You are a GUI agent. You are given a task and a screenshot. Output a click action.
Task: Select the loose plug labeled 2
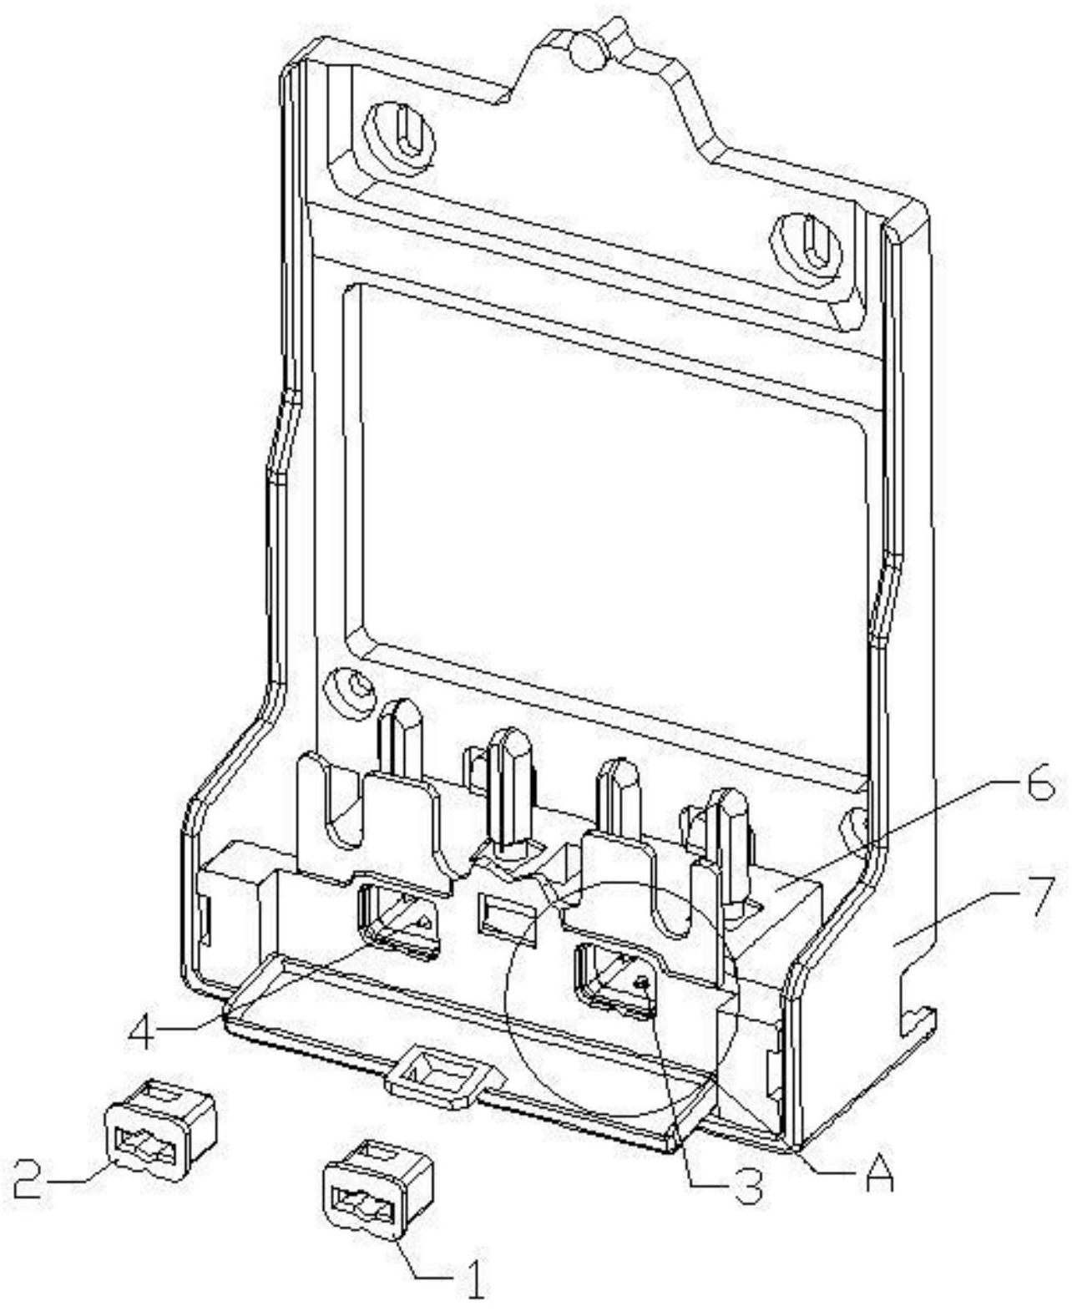click(x=161, y=1129)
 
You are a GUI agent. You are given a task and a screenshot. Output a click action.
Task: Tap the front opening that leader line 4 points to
click(x=398, y=922)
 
